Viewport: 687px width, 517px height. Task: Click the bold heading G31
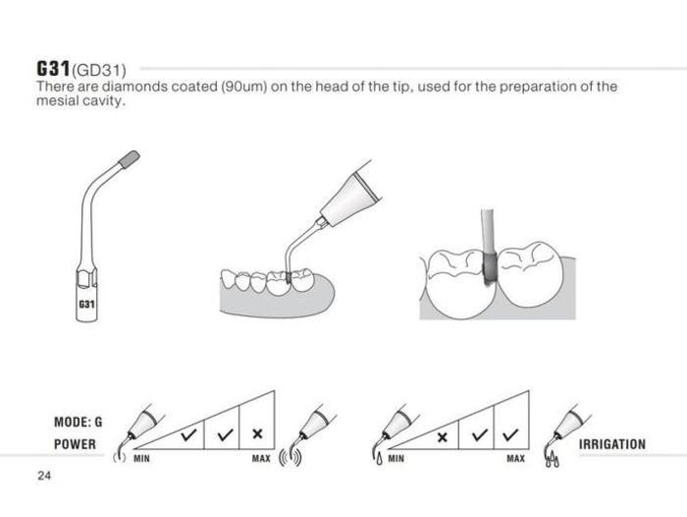(53, 69)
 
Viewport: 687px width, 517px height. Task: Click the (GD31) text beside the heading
(99, 70)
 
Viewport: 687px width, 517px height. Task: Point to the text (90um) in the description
(244, 86)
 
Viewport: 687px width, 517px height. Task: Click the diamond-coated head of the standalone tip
(130, 159)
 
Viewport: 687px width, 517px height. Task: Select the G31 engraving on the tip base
(86, 304)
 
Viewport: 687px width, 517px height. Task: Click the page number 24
(44, 476)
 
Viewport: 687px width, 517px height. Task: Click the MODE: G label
(78, 422)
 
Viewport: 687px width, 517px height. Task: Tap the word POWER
(75, 444)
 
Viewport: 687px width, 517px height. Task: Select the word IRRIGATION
(612, 444)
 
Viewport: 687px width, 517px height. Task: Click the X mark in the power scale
(257, 434)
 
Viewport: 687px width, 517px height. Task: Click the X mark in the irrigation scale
(443, 437)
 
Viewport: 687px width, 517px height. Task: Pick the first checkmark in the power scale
(188, 435)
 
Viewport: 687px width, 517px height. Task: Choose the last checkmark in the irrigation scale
(511, 434)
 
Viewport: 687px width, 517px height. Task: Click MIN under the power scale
(141, 459)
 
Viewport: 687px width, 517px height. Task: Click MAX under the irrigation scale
(515, 459)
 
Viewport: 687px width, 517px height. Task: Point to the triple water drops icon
(552, 459)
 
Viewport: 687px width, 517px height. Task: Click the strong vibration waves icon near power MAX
(291, 457)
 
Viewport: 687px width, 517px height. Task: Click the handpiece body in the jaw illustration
(348, 198)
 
